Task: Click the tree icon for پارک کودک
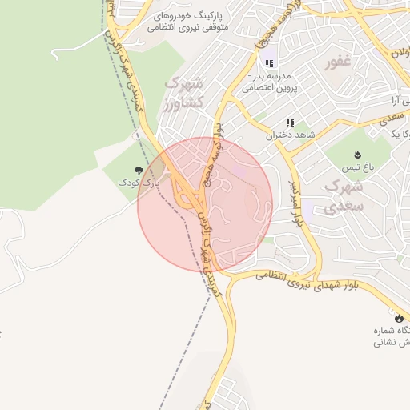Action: point(139,170)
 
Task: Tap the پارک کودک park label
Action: point(139,183)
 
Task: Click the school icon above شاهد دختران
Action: point(290,123)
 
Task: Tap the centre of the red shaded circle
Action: point(205,203)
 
